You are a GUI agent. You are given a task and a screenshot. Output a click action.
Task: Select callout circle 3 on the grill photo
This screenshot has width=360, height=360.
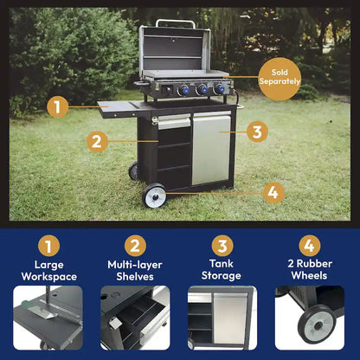pyautogui.click(x=255, y=132)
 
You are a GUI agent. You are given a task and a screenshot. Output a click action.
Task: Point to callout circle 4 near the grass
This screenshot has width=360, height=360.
pyautogui.click(x=273, y=192)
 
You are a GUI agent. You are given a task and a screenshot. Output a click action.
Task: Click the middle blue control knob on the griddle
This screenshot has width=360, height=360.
pyautogui.click(x=201, y=89)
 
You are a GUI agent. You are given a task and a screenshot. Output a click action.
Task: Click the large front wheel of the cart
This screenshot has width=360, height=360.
pyautogui.click(x=155, y=196)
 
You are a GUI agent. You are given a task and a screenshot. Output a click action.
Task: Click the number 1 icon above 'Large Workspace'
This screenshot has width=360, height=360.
pyautogui.click(x=48, y=246)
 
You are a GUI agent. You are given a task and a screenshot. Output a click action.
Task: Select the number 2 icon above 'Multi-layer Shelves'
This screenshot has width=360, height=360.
pyautogui.click(x=134, y=246)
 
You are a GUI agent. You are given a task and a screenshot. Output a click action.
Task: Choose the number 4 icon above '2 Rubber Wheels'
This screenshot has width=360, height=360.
pyautogui.click(x=309, y=246)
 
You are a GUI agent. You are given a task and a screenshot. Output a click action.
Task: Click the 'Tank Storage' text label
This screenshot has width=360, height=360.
pyautogui.click(x=222, y=270)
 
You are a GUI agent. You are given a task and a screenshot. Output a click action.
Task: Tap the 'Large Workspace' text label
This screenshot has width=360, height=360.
pyautogui.click(x=48, y=270)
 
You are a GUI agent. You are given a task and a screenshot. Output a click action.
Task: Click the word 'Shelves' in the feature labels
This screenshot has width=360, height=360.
pyautogui.click(x=134, y=277)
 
